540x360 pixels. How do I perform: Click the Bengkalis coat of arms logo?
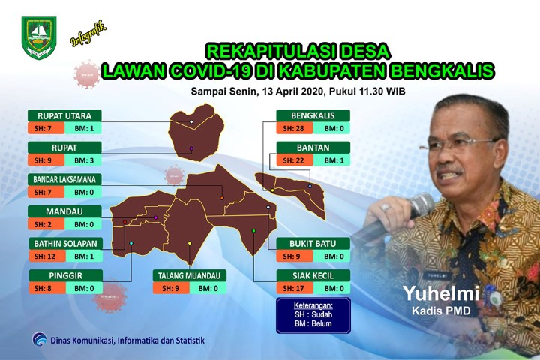click(x=39, y=37)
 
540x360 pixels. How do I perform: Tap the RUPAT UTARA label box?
click(x=64, y=115)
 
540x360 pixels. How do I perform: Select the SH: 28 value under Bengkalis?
click(x=294, y=128)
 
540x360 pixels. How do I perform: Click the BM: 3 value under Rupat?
click(x=84, y=160)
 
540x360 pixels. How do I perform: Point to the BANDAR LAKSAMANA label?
click(x=64, y=179)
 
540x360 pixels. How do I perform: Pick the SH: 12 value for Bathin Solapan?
click(x=46, y=256)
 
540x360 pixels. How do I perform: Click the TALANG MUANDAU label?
click(x=190, y=275)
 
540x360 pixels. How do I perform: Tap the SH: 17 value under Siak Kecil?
click(x=294, y=288)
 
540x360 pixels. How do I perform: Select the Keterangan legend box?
click(x=313, y=315)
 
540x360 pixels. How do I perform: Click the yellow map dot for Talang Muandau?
click(x=190, y=243)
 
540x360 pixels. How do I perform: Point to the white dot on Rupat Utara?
click(x=191, y=122)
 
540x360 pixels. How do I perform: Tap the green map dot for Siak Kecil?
click(x=253, y=231)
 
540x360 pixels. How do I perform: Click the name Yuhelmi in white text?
click(x=441, y=293)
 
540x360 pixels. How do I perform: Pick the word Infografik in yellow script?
click(x=88, y=34)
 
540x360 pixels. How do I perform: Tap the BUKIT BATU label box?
click(x=313, y=244)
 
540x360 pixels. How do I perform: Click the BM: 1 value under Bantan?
click(x=333, y=160)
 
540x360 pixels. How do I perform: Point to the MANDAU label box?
click(x=64, y=211)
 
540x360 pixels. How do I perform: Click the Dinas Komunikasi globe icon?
click(x=40, y=339)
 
